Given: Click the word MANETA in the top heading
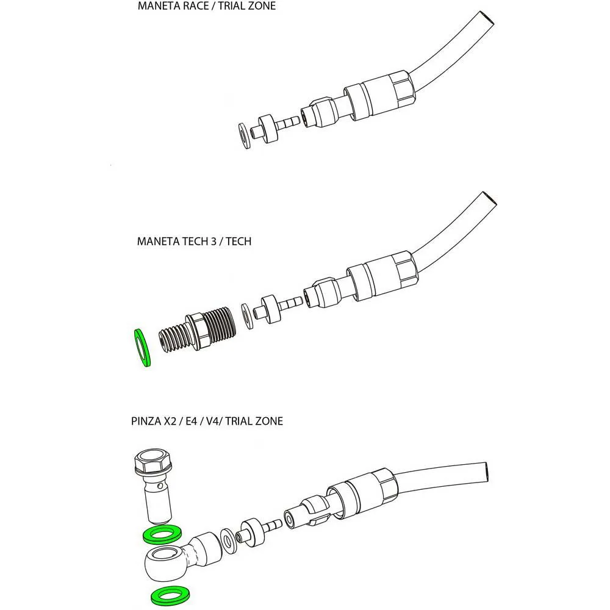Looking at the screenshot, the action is click(x=159, y=6).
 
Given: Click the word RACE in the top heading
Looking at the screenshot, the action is click(x=196, y=6).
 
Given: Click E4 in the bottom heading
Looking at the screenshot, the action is click(x=192, y=422).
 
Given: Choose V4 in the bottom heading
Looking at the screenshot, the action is click(x=212, y=422).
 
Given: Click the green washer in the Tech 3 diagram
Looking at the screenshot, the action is click(x=142, y=348).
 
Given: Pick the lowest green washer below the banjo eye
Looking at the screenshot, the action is click(x=171, y=597).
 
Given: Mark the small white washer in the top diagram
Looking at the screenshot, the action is click(x=245, y=136).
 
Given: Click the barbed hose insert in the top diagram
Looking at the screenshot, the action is click(x=274, y=128).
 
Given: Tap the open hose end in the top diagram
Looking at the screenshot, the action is click(x=486, y=20).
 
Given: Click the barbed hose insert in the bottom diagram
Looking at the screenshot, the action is click(x=260, y=530).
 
